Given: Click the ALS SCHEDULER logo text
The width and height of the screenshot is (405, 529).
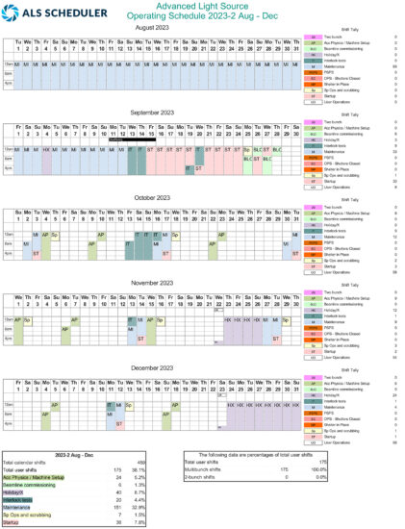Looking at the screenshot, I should pos(45,13).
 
